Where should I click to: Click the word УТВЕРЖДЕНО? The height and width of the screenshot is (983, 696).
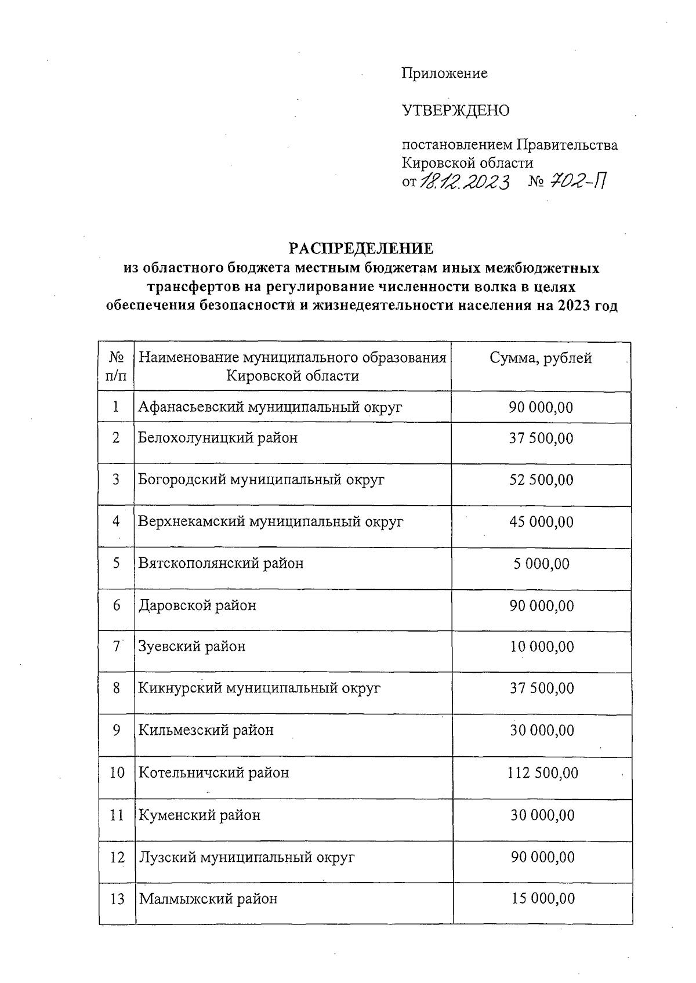coord(456,110)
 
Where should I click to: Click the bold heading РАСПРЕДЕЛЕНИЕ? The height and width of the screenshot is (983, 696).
coord(361,249)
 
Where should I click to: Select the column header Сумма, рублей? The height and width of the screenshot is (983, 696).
coord(541,358)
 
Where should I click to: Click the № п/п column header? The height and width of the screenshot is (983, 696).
coord(117,367)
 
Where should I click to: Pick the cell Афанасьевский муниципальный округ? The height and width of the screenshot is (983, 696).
coord(270,407)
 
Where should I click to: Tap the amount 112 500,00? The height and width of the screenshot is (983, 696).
coord(543,773)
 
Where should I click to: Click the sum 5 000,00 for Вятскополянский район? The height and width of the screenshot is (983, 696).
coord(541,564)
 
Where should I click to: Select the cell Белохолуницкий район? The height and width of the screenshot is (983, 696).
coord(218,438)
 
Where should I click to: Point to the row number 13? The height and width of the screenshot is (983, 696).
coord(117,899)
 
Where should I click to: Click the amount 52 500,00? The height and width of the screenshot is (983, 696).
coord(541,480)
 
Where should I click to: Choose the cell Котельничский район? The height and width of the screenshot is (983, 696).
coord(213,773)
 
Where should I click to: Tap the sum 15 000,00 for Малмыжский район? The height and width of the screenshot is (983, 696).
coord(543,899)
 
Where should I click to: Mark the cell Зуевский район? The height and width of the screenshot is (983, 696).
coord(192,646)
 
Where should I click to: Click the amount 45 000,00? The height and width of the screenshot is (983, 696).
coord(541,522)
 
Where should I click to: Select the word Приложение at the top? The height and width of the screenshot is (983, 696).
coord(445,74)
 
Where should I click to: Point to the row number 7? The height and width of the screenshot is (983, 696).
coord(117,646)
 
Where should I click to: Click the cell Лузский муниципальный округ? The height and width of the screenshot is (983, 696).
coord(246,857)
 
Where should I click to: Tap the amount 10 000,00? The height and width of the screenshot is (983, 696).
coord(542,647)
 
